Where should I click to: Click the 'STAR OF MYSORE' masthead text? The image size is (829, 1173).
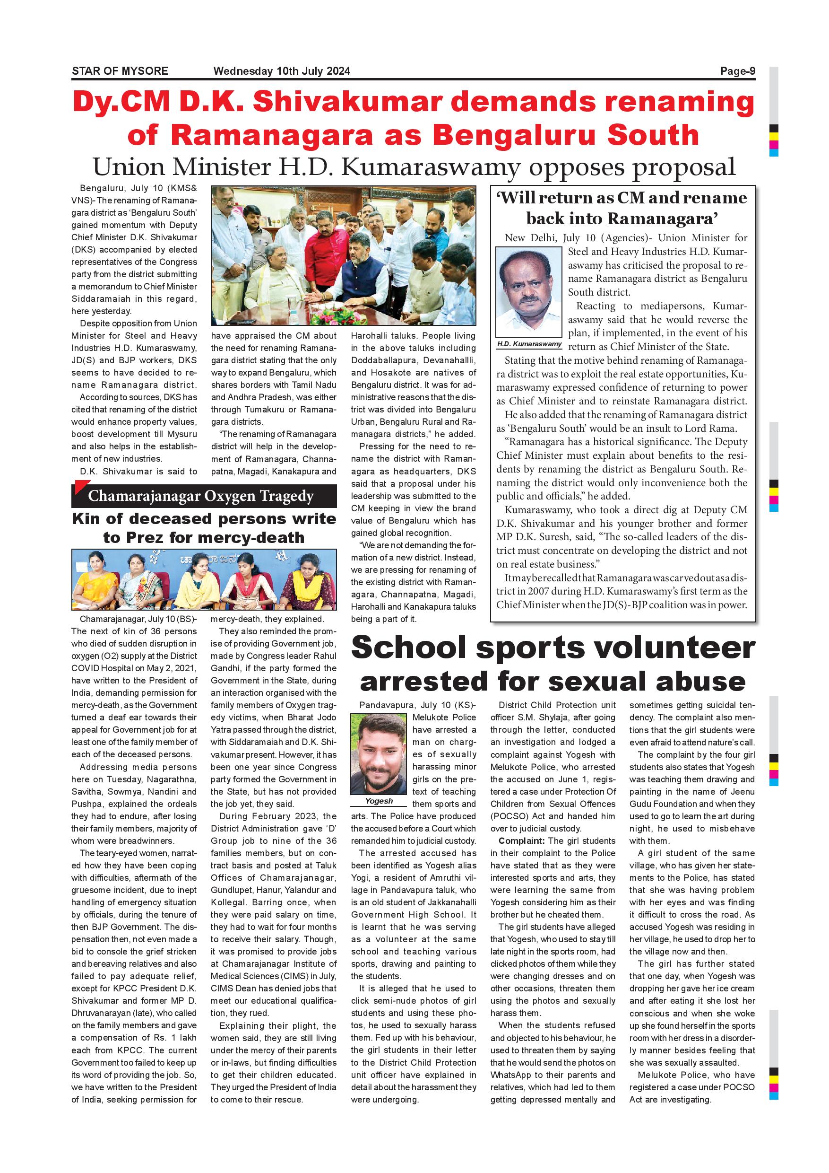120,71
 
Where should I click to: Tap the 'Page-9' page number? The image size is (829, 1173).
738,71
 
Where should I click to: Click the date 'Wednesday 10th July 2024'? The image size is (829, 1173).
282,71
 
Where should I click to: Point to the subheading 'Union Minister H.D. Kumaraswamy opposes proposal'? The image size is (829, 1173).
414,167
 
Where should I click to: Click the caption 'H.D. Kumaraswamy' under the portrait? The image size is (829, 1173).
529,344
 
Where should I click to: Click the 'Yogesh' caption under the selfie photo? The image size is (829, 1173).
379,801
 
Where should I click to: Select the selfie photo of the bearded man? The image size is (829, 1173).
379,754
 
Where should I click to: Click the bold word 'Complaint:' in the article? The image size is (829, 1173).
521,841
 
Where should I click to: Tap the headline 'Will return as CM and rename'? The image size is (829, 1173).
622,198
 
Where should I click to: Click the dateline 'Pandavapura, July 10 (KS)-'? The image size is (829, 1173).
417,705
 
